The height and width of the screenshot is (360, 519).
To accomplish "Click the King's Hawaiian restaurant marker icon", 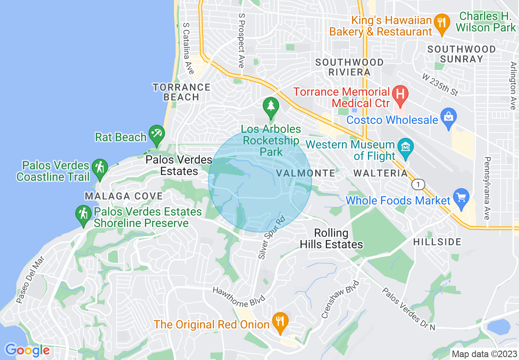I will click(441, 21).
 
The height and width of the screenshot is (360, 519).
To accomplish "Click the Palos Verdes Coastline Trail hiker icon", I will click(99, 168).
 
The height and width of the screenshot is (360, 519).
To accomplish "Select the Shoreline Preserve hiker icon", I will click(83, 214).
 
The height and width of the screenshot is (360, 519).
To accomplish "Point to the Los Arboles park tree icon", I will click(271, 106).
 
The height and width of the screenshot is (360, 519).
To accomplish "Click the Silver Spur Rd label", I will click(271, 237).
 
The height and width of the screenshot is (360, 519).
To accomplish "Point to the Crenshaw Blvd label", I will click(340, 299).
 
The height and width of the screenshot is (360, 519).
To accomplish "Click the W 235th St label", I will click(440, 85).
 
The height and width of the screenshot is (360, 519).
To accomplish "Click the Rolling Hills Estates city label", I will click(331, 239).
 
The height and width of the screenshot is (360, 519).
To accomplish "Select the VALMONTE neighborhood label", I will click(306, 173).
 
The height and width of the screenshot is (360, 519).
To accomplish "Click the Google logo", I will click(27, 350).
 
